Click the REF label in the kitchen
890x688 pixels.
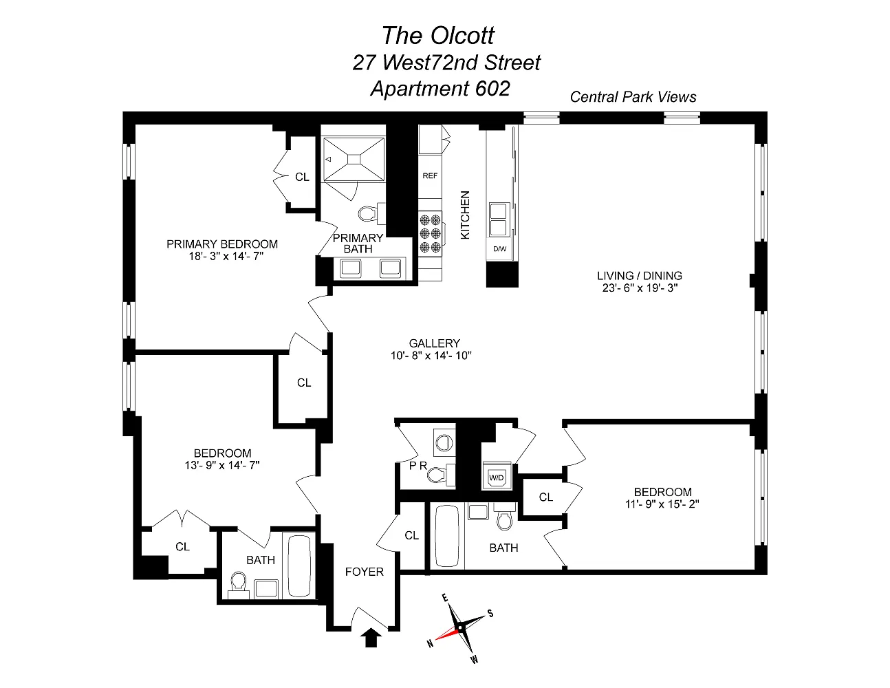[x=430, y=175]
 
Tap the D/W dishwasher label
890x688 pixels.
[x=499, y=248]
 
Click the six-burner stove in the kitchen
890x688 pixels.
[x=430, y=234]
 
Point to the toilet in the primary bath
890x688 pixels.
[x=371, y=213]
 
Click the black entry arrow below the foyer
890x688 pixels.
[x=371, y=638]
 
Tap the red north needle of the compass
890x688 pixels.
[x=447, y=633]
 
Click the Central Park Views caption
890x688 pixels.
[x=633, y=97]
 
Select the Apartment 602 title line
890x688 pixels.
[x=440, y=89]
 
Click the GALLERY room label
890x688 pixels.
[x=434, y=343]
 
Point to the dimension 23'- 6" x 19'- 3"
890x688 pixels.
[x=640, y=288]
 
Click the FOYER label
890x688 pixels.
[x=364, y=572]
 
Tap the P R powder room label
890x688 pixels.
[x=418, y=466]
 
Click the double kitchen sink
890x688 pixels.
[x=499, y=219]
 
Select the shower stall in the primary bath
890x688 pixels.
[x=354, y=160]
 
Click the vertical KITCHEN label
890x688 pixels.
[x=465, y=215]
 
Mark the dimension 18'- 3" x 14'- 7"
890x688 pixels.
[x=226, y=257]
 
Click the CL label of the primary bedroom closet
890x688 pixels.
[x=302, y=177]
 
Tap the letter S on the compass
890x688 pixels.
[x=490, y=614]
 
